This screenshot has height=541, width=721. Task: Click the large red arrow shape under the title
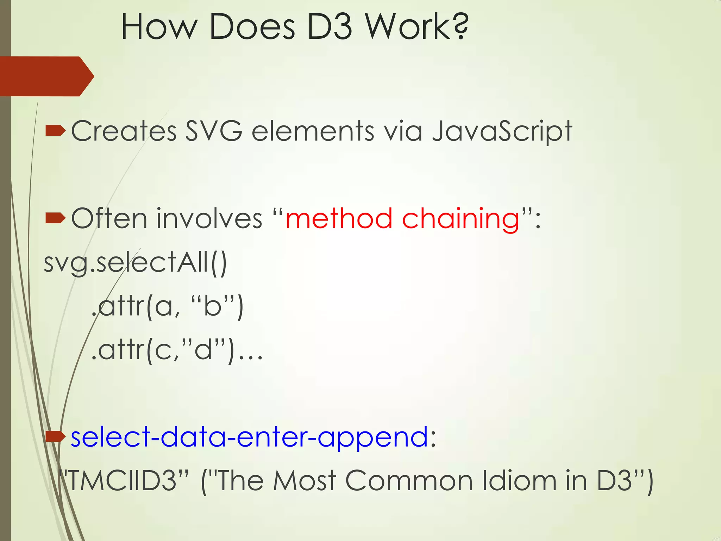[46, 76]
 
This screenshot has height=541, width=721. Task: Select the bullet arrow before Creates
[55, 131]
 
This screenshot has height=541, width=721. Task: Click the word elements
[313, 131]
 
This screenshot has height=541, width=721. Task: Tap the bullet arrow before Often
[55, 218]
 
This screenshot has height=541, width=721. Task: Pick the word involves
[209, 218]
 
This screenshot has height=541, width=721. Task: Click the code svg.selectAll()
[136, 263]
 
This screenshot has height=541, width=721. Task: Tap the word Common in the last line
[409, 480]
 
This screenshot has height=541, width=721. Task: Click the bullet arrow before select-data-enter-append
[55, 437]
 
